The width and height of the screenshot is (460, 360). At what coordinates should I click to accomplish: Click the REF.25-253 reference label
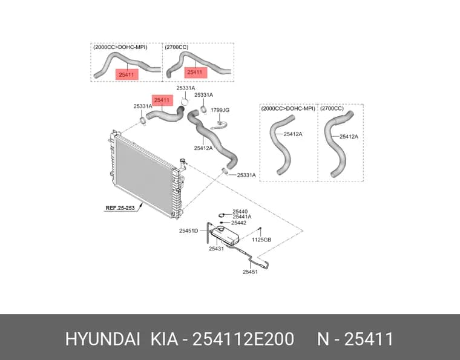tap(120, 208)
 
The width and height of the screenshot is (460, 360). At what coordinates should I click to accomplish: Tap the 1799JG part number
tap(220, 110)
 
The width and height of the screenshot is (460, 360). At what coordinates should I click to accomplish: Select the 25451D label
tap(189, 231)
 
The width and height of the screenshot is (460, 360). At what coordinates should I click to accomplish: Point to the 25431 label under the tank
tap(216, 249)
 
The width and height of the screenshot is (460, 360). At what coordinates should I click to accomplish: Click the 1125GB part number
tap(261, 240)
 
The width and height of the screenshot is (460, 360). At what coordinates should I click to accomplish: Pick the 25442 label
tap(239, 223)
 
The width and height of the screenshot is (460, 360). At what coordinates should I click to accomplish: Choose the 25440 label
tap(240, 211)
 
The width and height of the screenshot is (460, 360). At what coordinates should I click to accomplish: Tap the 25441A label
tap(242, 217)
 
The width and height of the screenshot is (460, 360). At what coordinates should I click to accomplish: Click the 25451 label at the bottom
tap(250, 272)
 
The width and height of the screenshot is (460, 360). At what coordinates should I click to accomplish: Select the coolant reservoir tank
tap(225, 235)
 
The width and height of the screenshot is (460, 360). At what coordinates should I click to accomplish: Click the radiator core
tap(144, 175)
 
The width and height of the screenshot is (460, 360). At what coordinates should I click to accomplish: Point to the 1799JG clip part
tap(219, 125)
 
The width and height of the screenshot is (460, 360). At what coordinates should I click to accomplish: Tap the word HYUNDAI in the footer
tap(102, 339)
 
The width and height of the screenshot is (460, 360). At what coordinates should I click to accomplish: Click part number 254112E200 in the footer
tap(243, 339)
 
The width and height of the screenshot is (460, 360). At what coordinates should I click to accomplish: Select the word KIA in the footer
tap(164, 339)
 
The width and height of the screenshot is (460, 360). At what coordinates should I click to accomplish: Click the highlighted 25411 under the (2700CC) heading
tap(195, 73)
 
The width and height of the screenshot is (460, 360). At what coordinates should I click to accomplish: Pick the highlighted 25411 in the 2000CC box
tap(126, 75)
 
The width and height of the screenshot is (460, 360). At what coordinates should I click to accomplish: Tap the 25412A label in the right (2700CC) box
tap(349, 137)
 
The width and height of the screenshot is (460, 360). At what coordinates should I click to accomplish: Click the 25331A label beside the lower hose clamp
tap(246, 175)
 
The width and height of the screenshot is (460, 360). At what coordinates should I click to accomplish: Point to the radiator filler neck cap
tap(183, 160)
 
